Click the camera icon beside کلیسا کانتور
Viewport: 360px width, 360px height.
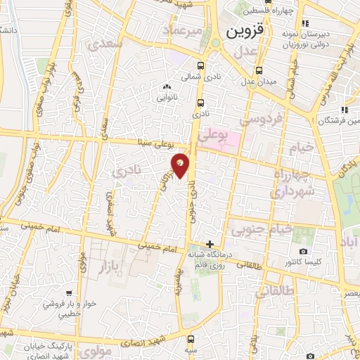pyautogui.click(x=303, y=251)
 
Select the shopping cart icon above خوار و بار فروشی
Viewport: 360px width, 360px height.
pyautogui.click(x=68, y=292)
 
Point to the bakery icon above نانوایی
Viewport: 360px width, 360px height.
pyautogui.click(x=167, y=87)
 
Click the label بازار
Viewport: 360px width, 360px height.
pyautogui.click(x=100, y=266)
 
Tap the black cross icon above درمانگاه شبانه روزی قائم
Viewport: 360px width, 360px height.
pyautogui.click(x=210, y=243)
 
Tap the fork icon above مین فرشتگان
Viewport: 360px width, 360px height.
pyautogui.click(x=344, y=110)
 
